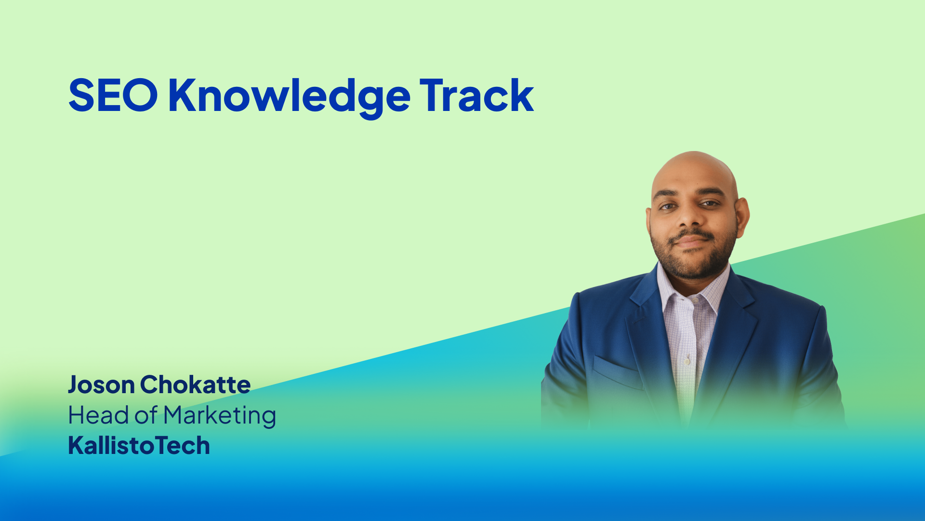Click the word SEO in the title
113,96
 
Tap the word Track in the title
476,96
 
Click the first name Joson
101,385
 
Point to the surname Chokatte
195,384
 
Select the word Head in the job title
98,415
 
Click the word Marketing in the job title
220,416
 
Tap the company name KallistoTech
139,445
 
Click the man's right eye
667,206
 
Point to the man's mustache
691,235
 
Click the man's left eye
710,204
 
